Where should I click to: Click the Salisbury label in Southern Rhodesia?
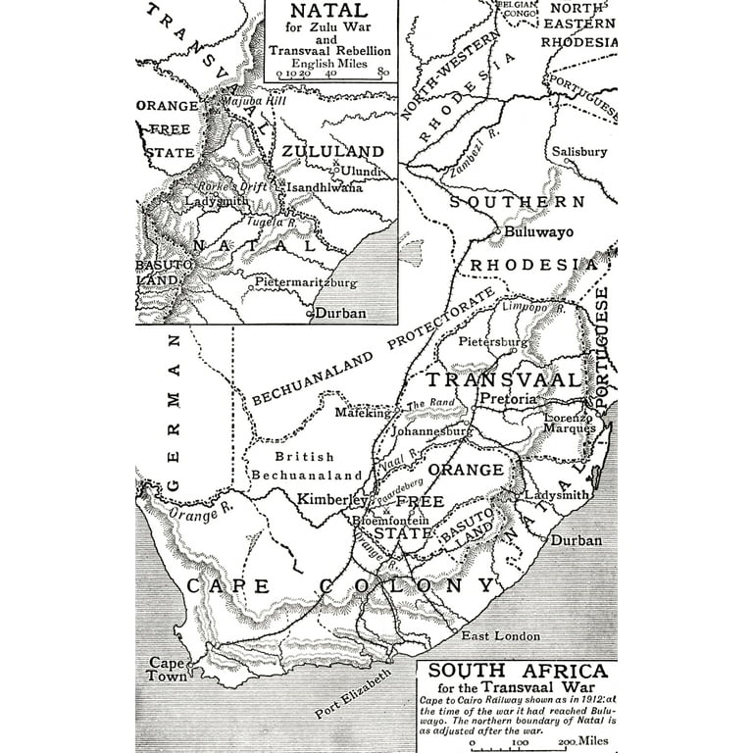[578, 152]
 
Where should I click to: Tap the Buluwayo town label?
[538, 233]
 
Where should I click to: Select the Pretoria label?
[508, 399]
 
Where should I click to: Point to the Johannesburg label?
[432, 430]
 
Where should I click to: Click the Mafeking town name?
[363, 413]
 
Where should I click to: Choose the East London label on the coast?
[501, 636]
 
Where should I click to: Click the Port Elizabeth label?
[354, 694]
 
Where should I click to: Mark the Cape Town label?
[168, 669]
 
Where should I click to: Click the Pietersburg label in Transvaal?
[494, 342]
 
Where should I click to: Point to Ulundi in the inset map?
[362, 170]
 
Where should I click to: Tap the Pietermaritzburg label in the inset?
[307, 282]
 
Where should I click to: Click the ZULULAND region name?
[333, 151]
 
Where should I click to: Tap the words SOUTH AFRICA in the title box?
[518, 672]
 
